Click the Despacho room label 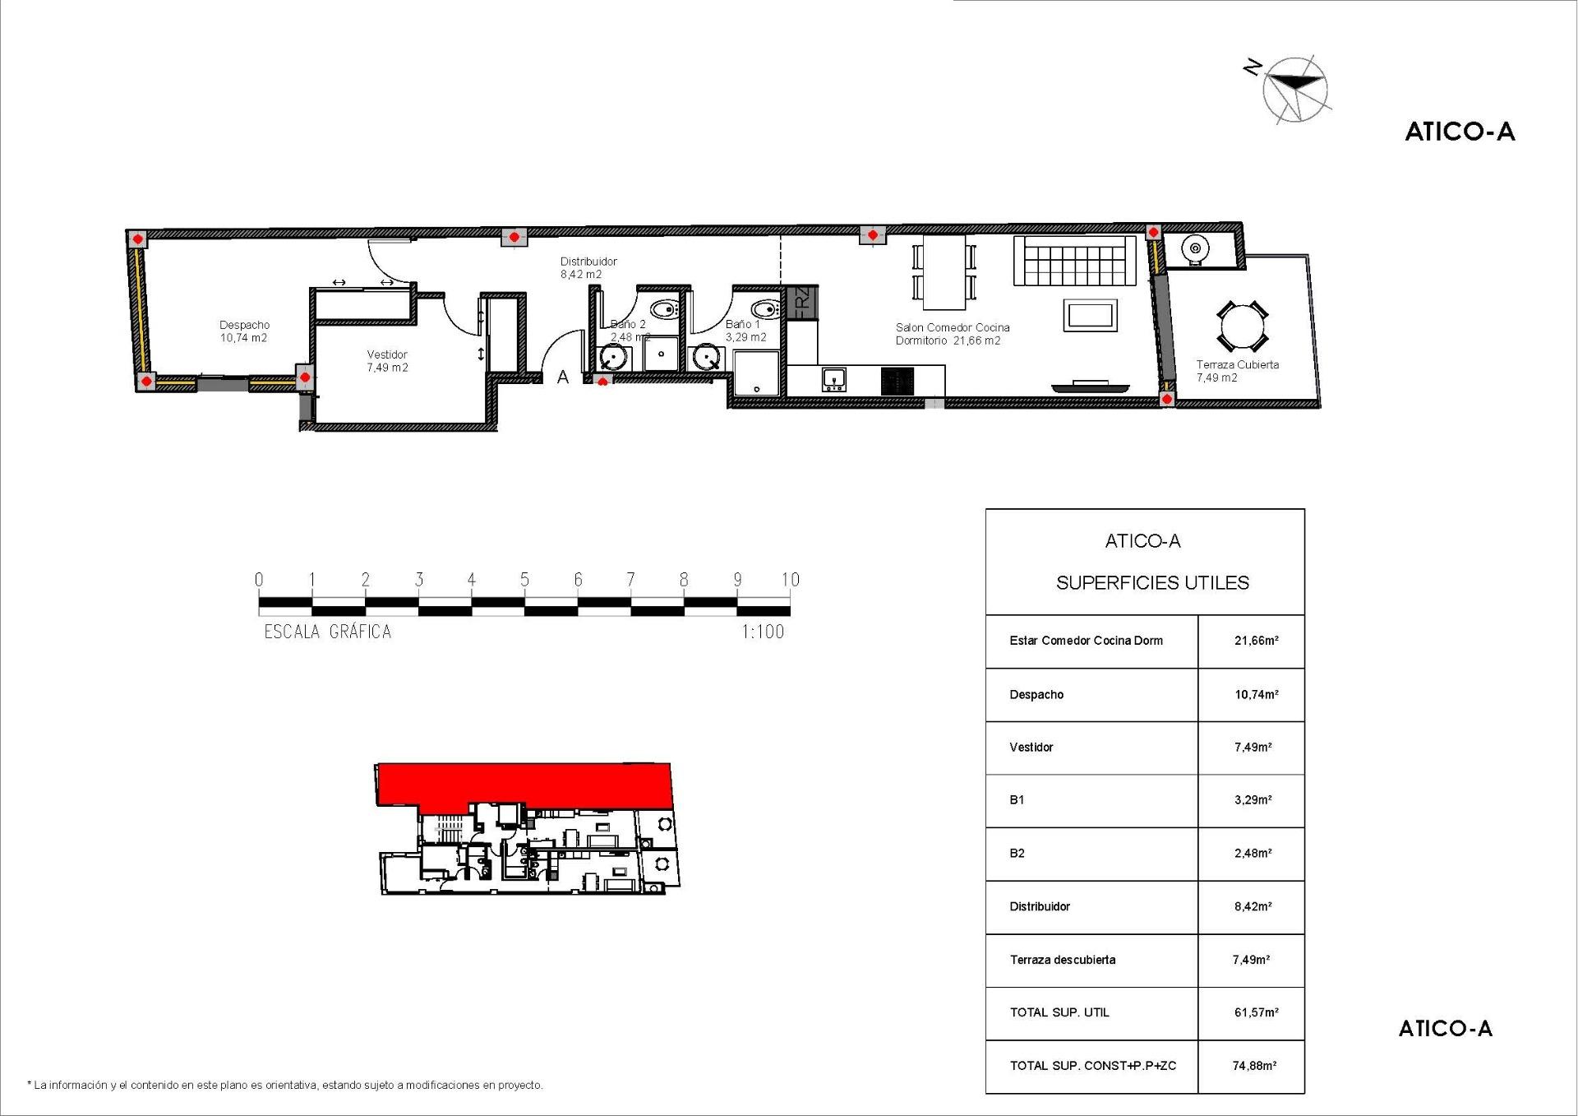click(x=244, y=331)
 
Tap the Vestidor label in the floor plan click(x=387, y=361)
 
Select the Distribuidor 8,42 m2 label click(x=588, y=267)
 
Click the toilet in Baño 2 click(x=662, y=309)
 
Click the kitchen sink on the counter click(x=833, y=379)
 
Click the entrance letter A click(x=563, y=377)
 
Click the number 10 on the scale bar click(x=790, y=580)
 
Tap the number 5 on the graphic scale click(x=524, y=580)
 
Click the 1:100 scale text click(x=763, y=632)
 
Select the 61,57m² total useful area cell click(x=1256, y=1012)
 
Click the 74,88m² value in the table click(x=1254, y=1066)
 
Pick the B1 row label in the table click(x=1017, y=799)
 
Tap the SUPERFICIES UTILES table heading click(x=1152, y=583)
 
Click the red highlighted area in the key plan click(x=526, y=783)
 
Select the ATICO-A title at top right click(x=1460, y=132)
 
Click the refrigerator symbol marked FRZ click(x=802, y=302)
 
